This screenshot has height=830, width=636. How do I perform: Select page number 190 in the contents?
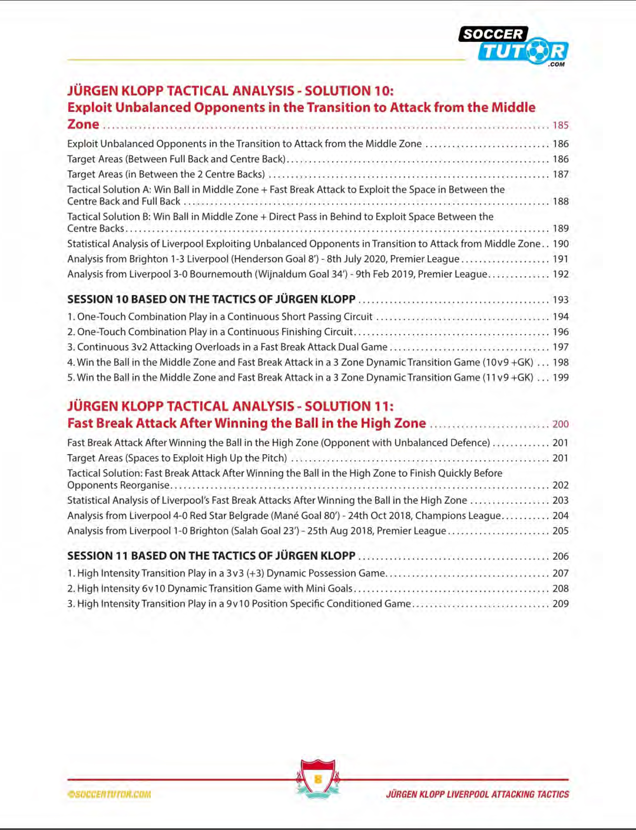[x=560, y=244]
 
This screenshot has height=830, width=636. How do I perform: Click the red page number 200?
[x=560, y=424]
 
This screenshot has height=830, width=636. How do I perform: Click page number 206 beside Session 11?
[x=560, y=556]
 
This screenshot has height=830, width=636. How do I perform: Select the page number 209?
[x=560, y=604]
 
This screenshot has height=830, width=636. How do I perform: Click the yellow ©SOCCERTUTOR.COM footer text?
[x=109, y=794]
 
